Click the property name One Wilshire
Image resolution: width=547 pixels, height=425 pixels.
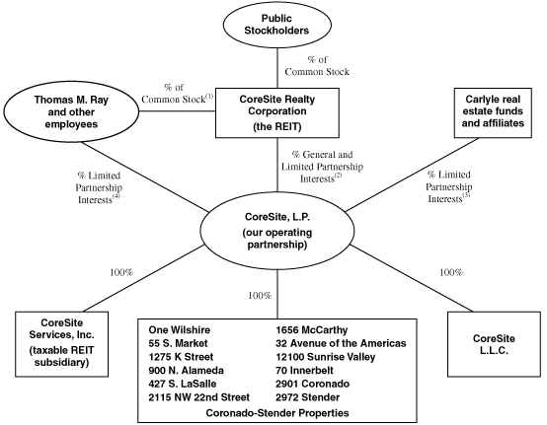(180, 330)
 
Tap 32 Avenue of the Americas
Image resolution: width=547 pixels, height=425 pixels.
(341, 343)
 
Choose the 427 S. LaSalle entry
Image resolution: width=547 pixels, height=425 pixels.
(182, 384)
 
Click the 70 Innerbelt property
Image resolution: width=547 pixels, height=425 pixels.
(304, 371)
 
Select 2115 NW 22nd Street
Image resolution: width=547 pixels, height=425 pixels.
(198, 397)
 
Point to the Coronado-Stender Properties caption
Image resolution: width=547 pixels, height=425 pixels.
(277, 413)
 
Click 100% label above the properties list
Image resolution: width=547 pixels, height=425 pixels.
(260, 296)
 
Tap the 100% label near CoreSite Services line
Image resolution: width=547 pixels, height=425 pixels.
(121, 272)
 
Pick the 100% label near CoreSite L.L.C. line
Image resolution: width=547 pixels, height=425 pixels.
(451, 272)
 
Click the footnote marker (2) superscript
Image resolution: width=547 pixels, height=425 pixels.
(338, 176)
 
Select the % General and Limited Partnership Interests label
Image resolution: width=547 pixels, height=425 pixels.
(322, 167)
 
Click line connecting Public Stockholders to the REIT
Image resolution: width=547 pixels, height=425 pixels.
(277, 68)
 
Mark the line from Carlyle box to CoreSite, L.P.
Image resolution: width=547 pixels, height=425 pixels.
(413, 175)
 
